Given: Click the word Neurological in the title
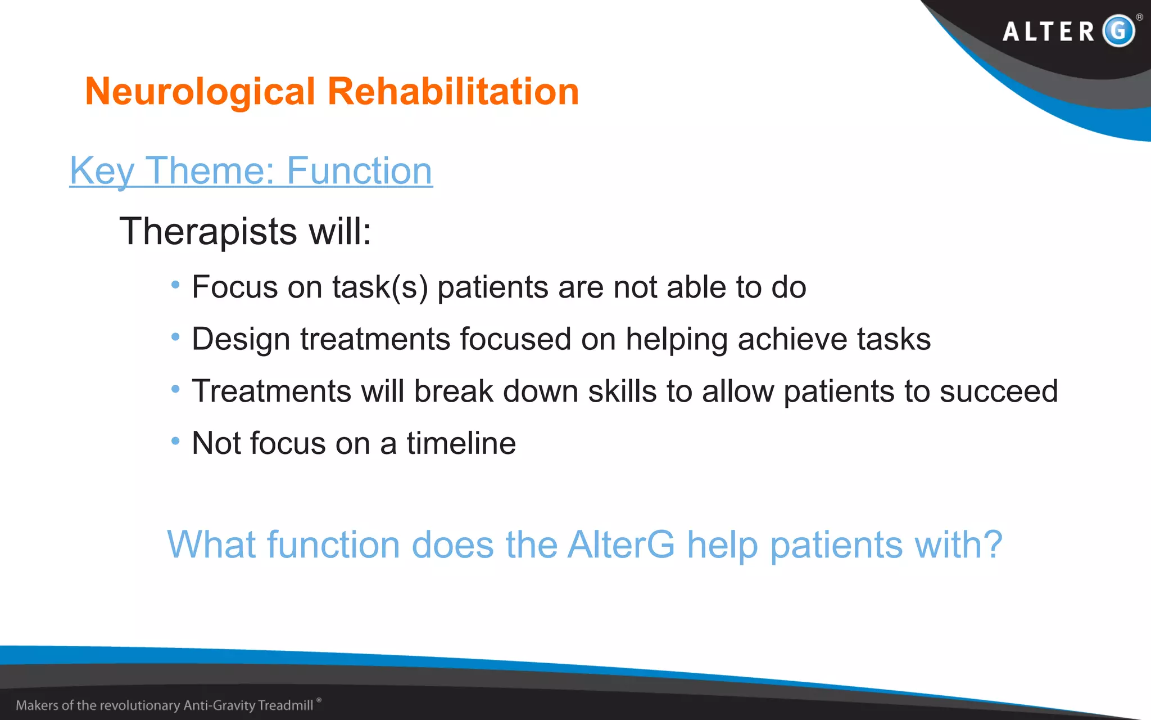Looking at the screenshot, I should tap(200, 92).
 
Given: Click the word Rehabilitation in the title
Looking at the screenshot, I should tap(453, 92).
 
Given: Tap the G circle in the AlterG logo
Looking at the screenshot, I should tap(1118, 30).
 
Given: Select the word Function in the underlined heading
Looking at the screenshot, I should tap(359, 171).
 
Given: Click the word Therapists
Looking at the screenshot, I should tap(208, 232).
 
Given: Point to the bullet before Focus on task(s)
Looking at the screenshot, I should tap(175, 285).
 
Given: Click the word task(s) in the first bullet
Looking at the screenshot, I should tap(380, 287).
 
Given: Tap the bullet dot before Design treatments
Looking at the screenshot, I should tap(175, 337).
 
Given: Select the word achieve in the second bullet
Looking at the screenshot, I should tap(792, 340).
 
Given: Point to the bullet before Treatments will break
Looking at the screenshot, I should tap(175, 389).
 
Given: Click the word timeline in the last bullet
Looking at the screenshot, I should tap(461, 443).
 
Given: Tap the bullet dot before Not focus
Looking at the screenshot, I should tap(175, 440).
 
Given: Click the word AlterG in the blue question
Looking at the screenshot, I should tap(621, 544).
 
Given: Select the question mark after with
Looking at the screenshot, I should tap(993, 544).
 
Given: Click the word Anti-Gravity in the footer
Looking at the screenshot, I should tap(220, 705).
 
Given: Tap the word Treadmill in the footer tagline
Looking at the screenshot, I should tap(286, 705).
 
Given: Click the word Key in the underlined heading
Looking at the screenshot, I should tap(102, 171).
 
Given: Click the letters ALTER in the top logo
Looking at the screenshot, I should tap(1049, 31).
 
